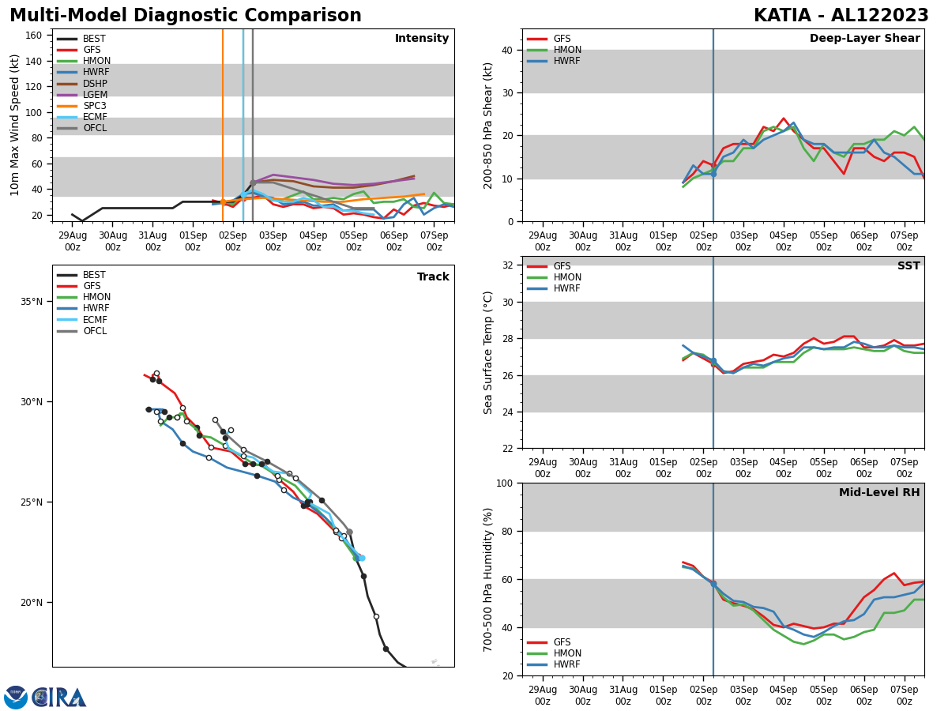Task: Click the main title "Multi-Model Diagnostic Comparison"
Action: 186,16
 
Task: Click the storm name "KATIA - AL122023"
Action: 841,16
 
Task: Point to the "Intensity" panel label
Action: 422,39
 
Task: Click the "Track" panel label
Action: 433,277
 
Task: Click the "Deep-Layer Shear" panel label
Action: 864,39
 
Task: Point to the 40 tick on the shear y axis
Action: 506,51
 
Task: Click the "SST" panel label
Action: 908,266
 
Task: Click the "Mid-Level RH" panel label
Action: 879,493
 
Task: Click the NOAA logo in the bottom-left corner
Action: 16,697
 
